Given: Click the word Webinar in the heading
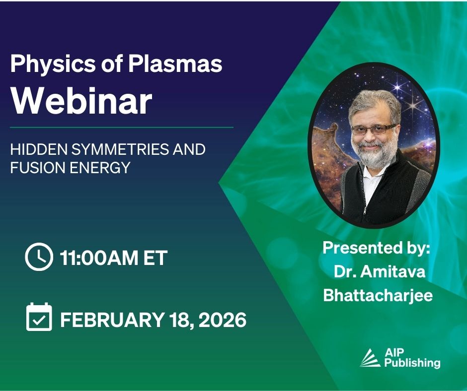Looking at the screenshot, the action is coord(81,101).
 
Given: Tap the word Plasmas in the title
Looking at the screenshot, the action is coord(175,64).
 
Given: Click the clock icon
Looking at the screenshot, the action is coord(39,257).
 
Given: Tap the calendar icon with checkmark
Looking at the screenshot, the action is coord(39,317).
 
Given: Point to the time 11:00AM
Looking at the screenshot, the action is coord(98,258).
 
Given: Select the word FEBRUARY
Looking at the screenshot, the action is coord(112,320).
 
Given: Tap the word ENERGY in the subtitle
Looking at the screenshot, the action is coord(100,168).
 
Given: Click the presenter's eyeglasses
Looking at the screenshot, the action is coord(374,129).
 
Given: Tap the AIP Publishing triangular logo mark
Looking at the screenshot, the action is coord(370,358).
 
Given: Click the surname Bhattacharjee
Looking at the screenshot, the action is coord(378,295).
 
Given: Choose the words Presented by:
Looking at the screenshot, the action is coord(377,248).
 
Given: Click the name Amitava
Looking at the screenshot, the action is coord(393,271).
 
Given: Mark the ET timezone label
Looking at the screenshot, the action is coord(155,258).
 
